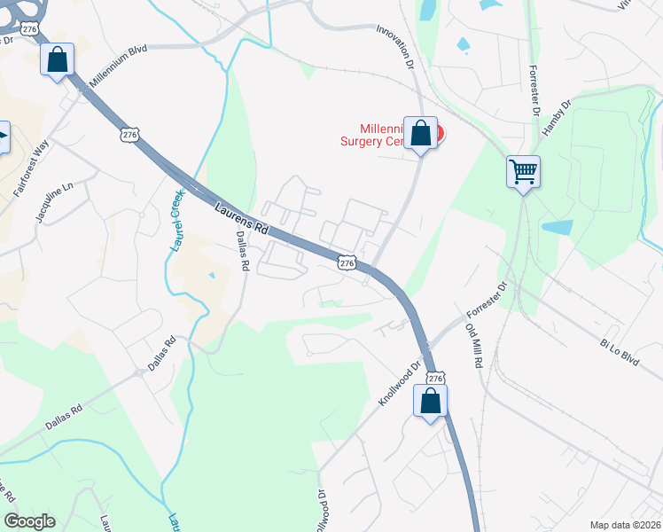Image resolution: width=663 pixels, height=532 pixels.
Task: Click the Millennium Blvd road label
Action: click(117, 63)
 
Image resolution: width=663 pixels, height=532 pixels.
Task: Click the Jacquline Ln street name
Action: click(55, 204)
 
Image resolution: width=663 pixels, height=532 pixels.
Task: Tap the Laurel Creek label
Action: click(176, 220)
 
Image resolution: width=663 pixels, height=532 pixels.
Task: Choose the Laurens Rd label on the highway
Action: click(241, 217)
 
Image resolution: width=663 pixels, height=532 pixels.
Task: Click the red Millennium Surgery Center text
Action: click(381, 134)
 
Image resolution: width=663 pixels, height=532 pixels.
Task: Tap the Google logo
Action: click(29, 521)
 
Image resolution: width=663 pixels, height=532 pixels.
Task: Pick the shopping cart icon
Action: click(523, 169)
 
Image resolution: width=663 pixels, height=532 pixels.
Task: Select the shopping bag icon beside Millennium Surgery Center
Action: click(421, 134)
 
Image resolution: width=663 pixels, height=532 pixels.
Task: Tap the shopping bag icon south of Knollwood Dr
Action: click(431, 401)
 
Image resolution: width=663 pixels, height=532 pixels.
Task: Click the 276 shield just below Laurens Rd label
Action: click(347, 263)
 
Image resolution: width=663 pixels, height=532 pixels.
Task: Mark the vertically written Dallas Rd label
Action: click(245, 251)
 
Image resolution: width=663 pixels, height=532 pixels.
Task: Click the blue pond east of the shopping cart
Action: click(558, 227)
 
